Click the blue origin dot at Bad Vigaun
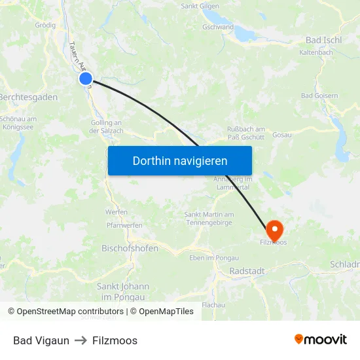point(86,79)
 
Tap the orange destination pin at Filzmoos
point(274,230)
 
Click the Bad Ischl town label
point(323,40)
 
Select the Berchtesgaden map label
point(28,97)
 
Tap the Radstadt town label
point(247,272)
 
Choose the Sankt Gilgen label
point(199,6)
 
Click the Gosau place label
point(281,134)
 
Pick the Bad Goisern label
point(319,96)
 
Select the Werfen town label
point(116,212)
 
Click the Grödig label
point(45,26)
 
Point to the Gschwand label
point(218,27)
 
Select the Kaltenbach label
point(316,52)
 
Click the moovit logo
point(320,339)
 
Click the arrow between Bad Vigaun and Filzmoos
point(81,340)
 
